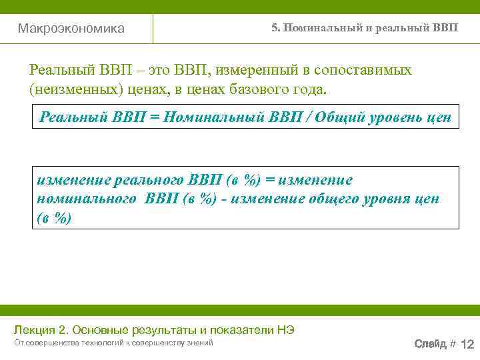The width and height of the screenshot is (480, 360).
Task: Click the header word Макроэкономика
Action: [x=71, y=29]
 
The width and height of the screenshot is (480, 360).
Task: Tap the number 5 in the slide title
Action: [x=274, y=28]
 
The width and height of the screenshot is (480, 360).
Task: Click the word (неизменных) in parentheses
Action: [x=72, y=89]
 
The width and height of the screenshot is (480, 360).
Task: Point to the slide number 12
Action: [x=467, y=344]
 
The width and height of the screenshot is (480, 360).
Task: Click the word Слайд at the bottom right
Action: [x=430, y=344]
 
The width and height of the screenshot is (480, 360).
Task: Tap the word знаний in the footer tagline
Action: [x=200, y=343]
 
